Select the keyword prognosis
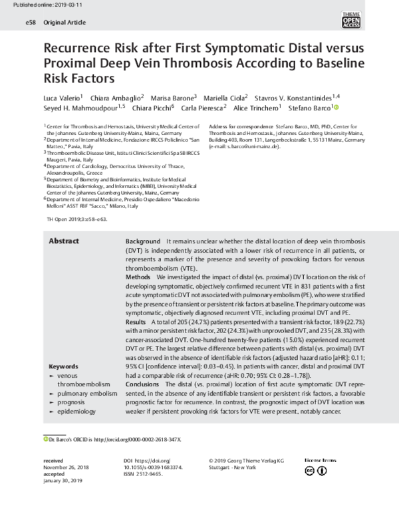pos(75,403)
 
